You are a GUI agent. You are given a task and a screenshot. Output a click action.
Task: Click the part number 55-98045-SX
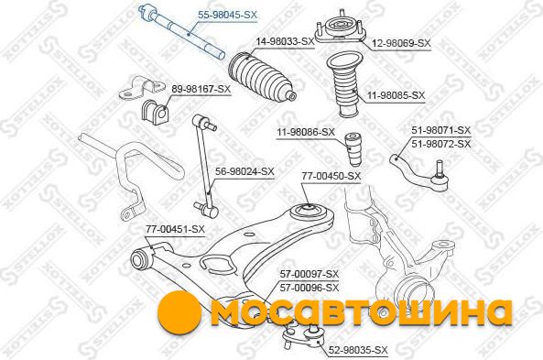[x=227, y=15]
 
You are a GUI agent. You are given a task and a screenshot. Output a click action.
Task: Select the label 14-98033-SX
[x=285, y=41]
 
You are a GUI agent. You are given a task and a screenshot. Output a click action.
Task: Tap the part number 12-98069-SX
[x=401, y=43]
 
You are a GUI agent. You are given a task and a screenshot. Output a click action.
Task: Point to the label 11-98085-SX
[x=396, y=95]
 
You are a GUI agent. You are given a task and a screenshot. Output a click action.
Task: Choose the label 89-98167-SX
[x=201, y=89]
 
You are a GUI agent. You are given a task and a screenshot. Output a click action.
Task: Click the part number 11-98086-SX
[x=306, y=132]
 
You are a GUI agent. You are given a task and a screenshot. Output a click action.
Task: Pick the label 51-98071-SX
[x=440, y=130]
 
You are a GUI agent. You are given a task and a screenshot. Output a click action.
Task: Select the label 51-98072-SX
[x=440, y=144]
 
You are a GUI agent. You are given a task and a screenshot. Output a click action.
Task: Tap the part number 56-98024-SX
[x=244, y=171]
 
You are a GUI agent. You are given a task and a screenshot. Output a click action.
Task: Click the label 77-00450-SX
[x=331, y=176]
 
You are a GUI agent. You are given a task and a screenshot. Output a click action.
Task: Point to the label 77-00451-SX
[x=175, y=229]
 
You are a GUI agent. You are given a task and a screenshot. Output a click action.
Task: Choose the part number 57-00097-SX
[x=310, y=275]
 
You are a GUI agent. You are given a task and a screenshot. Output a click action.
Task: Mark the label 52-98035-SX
[x=358, y=350]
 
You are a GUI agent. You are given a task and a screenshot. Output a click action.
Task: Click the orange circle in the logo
[x=179, y=311]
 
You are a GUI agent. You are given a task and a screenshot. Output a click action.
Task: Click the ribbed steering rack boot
[x=262, y=78]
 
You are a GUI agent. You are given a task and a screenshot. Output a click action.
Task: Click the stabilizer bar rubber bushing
[x=155, y=111]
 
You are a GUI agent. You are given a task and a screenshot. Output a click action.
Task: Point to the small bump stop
[x=354, y=149]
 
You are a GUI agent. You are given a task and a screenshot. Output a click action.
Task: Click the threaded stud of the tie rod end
[x=440, y=168]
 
